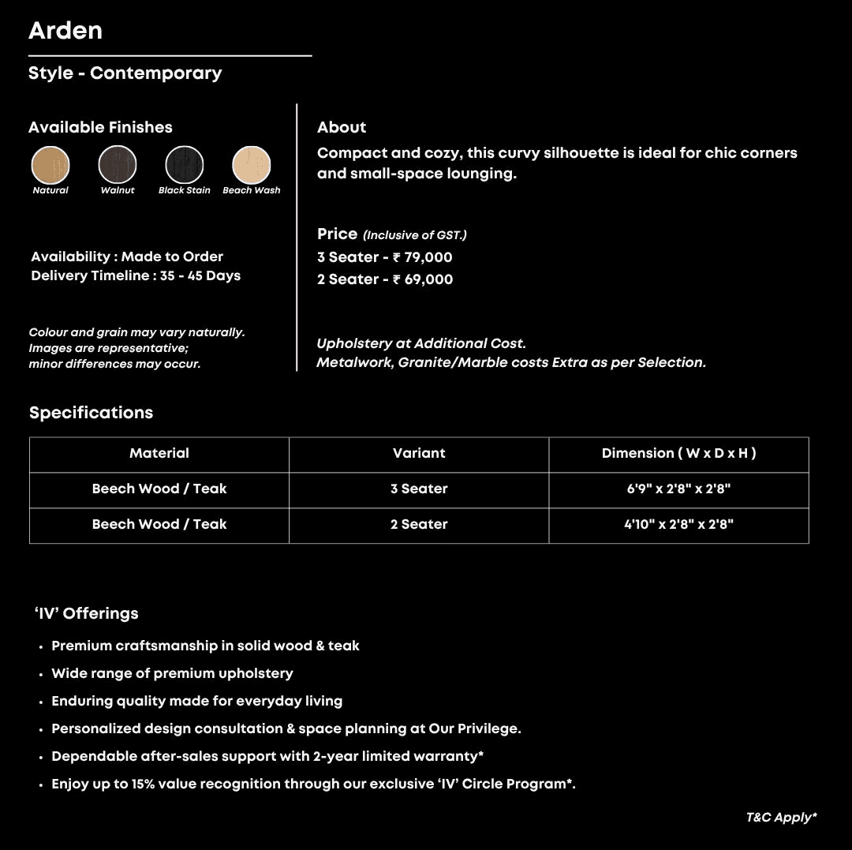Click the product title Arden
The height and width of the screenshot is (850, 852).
click(65, 31)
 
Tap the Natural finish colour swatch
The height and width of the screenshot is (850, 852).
click(50, 165)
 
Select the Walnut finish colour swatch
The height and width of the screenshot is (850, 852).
click(118, 165)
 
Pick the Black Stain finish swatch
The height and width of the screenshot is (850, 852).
click(185, 165)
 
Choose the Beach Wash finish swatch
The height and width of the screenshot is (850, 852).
click(252, 165)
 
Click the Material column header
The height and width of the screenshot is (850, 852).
click(159, 454)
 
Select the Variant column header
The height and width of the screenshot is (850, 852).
click(419, 454)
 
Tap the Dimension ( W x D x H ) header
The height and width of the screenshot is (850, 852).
click(678, 454)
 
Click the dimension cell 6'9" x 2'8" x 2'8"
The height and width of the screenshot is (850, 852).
click(678, 489)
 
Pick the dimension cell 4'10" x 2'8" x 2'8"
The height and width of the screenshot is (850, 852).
click(678, 525)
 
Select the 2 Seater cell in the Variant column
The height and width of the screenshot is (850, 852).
click(419, 525)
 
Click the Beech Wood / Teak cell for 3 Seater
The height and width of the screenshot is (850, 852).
click(159, 489)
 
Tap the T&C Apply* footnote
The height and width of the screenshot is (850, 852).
click(781, 818)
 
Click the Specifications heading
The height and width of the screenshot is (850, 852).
click(92, 413)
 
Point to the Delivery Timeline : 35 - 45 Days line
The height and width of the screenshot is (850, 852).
click(136, 276)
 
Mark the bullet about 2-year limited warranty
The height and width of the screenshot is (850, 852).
click(267, 756)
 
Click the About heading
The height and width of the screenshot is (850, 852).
click(342, 128)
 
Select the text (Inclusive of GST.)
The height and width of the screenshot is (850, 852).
click(415, 235)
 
